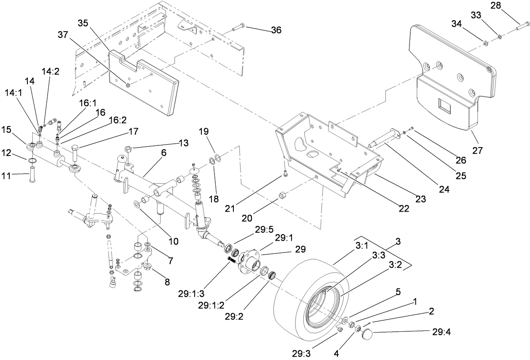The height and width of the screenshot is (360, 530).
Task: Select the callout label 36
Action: (276, 30)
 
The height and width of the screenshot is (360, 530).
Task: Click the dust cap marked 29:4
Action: (367, 335)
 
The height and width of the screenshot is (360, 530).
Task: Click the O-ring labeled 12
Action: (31, 161)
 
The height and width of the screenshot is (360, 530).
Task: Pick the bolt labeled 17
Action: (75, 153)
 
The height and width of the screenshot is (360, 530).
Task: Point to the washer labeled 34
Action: (485, 43)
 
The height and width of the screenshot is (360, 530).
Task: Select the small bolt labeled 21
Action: (285, 173)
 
